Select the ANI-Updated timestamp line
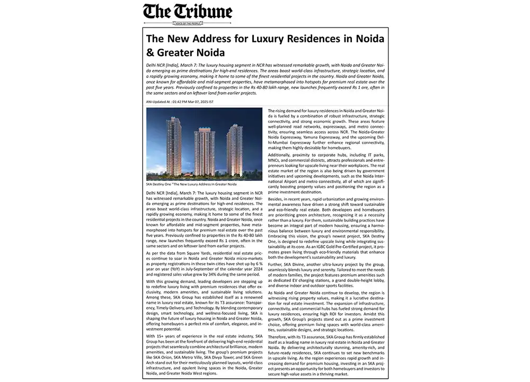click(x=180, y=101)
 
